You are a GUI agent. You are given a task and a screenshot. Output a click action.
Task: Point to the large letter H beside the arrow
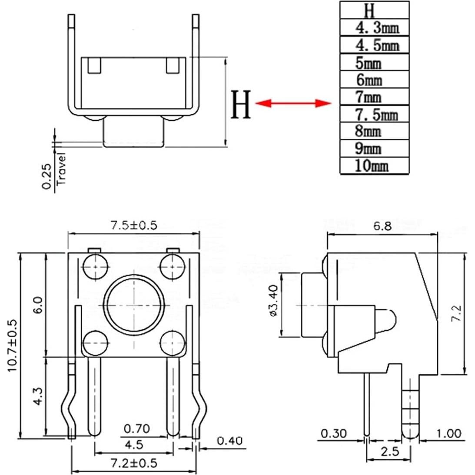pos(241,104)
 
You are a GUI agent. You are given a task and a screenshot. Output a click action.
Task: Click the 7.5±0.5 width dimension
pos(133,225)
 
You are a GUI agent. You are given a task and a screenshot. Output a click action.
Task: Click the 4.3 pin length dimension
pos(38,397)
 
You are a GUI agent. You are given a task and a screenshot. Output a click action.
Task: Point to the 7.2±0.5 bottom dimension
pos(133,463)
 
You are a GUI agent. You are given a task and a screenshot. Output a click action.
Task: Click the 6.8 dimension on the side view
pos(382,226)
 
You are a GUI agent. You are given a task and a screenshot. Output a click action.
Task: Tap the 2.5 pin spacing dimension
pos(389,452)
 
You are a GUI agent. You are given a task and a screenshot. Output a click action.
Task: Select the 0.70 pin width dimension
pos(137,429)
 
